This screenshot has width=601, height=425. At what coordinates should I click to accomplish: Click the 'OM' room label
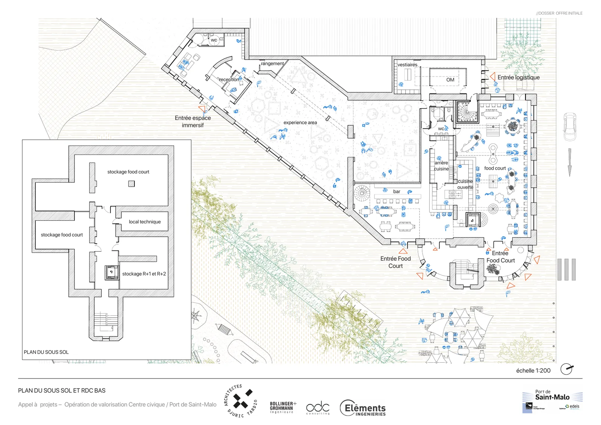(450, 80)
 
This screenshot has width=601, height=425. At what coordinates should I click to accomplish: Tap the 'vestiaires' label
(407, 65)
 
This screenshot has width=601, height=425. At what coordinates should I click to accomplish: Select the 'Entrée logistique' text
(518, 77)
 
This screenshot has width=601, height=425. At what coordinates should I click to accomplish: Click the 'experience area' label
(300, 123)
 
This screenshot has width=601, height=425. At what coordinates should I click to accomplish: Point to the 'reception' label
(229, 80)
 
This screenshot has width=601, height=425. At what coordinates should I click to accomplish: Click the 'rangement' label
(272, 64)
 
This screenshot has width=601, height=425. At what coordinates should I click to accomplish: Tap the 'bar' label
(397, 192)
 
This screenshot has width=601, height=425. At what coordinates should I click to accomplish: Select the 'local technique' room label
(145, 222)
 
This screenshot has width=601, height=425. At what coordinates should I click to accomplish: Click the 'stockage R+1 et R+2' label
(144, 274)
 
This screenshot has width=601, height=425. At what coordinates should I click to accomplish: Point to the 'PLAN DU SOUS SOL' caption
(46, 352)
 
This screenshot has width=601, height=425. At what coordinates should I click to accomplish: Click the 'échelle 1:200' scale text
(533, 371)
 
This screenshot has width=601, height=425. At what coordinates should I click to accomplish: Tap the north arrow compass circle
(566, 369)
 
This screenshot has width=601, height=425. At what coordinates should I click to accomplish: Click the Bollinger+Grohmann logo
(283, 407)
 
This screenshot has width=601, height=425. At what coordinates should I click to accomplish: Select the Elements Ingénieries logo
(363, 408)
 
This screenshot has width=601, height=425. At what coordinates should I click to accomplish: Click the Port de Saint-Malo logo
(552, 401)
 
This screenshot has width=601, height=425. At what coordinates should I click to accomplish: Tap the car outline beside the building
(569, 127)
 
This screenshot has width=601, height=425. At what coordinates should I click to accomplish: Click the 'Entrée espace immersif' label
(193, 122)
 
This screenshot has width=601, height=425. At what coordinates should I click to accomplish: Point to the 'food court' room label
(495, 169)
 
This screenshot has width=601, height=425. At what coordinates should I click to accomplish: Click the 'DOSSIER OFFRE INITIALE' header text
(559, 13)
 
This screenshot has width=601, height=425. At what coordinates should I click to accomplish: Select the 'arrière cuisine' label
(441, 166)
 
